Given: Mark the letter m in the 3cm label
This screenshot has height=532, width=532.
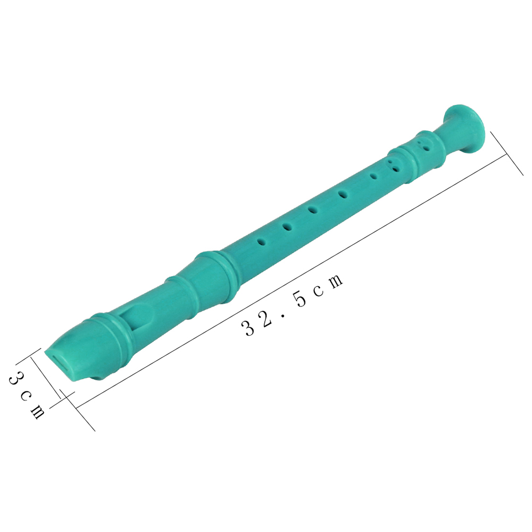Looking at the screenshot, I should (x=37, y=411).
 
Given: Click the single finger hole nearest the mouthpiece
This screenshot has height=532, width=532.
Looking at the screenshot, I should (x=262, y=242).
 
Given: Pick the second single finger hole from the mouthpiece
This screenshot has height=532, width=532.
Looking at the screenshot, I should (x=287, y=227).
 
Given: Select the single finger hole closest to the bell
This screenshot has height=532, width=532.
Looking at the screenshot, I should (x=374, y=177).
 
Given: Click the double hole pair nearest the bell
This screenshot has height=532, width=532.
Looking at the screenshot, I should (x=422, y=145).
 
